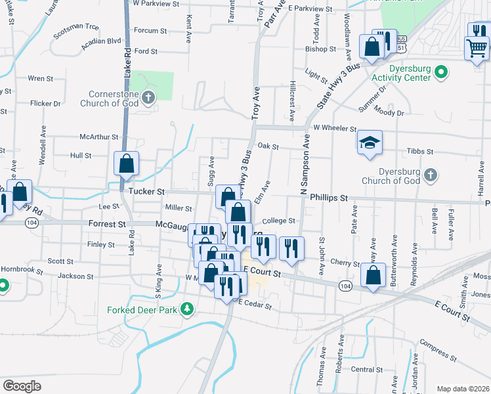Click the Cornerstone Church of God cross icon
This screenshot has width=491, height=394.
(x=148, y=98)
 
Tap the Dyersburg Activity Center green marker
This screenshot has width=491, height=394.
(x=442, y=72)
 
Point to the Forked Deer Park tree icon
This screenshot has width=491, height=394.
(x=187, y=308)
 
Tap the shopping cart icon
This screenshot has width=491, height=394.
(x=476, y=47)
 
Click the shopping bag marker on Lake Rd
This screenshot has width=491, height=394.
(x=126, y=163)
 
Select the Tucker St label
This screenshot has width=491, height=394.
(x=146, y=191)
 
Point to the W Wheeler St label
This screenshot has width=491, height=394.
(x=334, y=129)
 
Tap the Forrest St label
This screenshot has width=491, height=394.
(x=107, y=224)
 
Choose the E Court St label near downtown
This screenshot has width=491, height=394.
(x=262, y=271)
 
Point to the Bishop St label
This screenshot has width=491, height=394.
(x=320, y=49)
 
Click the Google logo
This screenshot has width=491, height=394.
(x=22, y=385)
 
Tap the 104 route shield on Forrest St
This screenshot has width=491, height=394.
(x=31, y=223)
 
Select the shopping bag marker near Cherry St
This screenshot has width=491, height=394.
(x=373, y=276)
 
